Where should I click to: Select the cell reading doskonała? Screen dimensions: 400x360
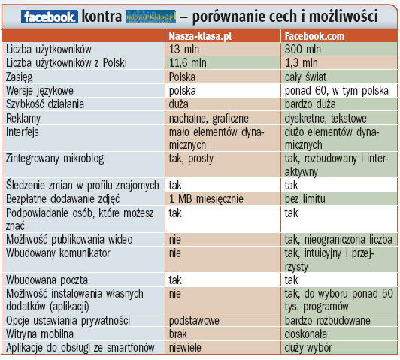pyautogui.click(x=310, y=334)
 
